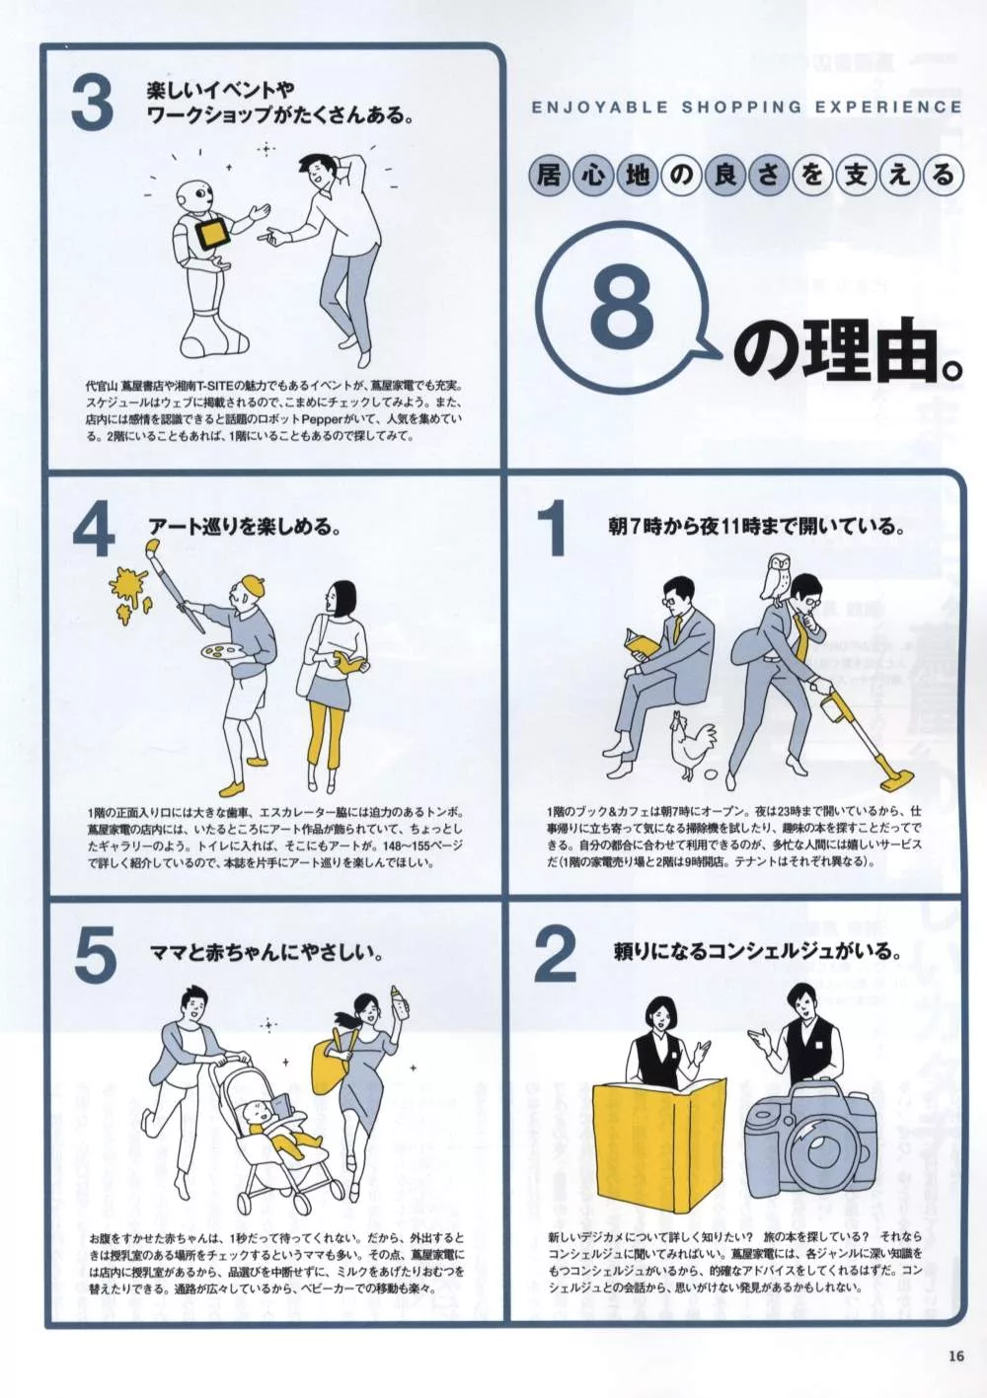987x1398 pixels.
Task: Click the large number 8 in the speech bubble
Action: pyautogui.click(x=622, y=307)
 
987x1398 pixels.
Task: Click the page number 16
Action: pyautogui.click(x=955, y=1356)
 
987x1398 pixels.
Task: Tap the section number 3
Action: pyautogui.click(x=93, y=105)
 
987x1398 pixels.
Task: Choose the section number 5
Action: pyautogui.click(x=95, y=955)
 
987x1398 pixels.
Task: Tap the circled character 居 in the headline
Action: pyautogui.click(x=548, y=176)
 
